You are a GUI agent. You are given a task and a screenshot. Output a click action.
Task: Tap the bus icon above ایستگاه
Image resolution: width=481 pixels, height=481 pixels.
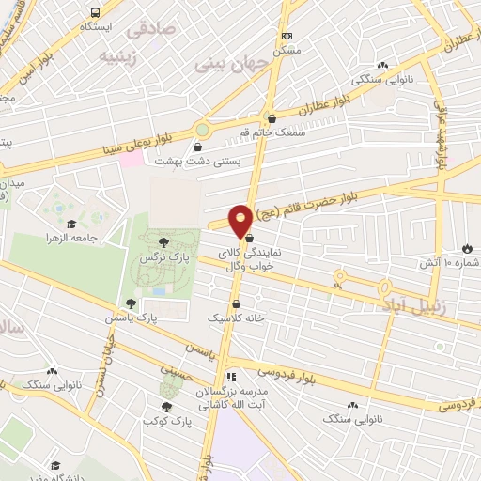point(96,12)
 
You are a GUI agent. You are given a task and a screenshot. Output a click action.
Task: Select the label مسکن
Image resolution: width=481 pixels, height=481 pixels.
point(286,49)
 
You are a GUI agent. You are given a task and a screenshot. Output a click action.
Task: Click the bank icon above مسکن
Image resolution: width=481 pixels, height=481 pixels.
point(286,35)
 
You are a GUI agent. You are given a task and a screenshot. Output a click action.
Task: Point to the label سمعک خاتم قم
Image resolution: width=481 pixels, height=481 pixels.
point(273,133)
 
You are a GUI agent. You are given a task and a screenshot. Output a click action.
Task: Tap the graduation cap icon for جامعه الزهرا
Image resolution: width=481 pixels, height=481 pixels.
point(71,224)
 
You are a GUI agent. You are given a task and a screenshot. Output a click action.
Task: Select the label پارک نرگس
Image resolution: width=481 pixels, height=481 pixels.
point(160,256)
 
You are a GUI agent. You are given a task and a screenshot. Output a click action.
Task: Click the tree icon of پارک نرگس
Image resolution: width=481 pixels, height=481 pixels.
point(163,242)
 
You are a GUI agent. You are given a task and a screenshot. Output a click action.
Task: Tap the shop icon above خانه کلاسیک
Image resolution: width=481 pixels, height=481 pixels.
point(235,304)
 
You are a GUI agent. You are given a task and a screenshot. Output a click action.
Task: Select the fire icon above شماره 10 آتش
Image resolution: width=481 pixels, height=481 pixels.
point(466,249)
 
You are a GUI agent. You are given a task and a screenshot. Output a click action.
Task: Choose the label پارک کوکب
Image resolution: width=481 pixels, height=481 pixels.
point(169,420)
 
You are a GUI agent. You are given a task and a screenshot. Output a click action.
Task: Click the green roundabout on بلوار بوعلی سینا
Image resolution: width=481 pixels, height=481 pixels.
point(202,130)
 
